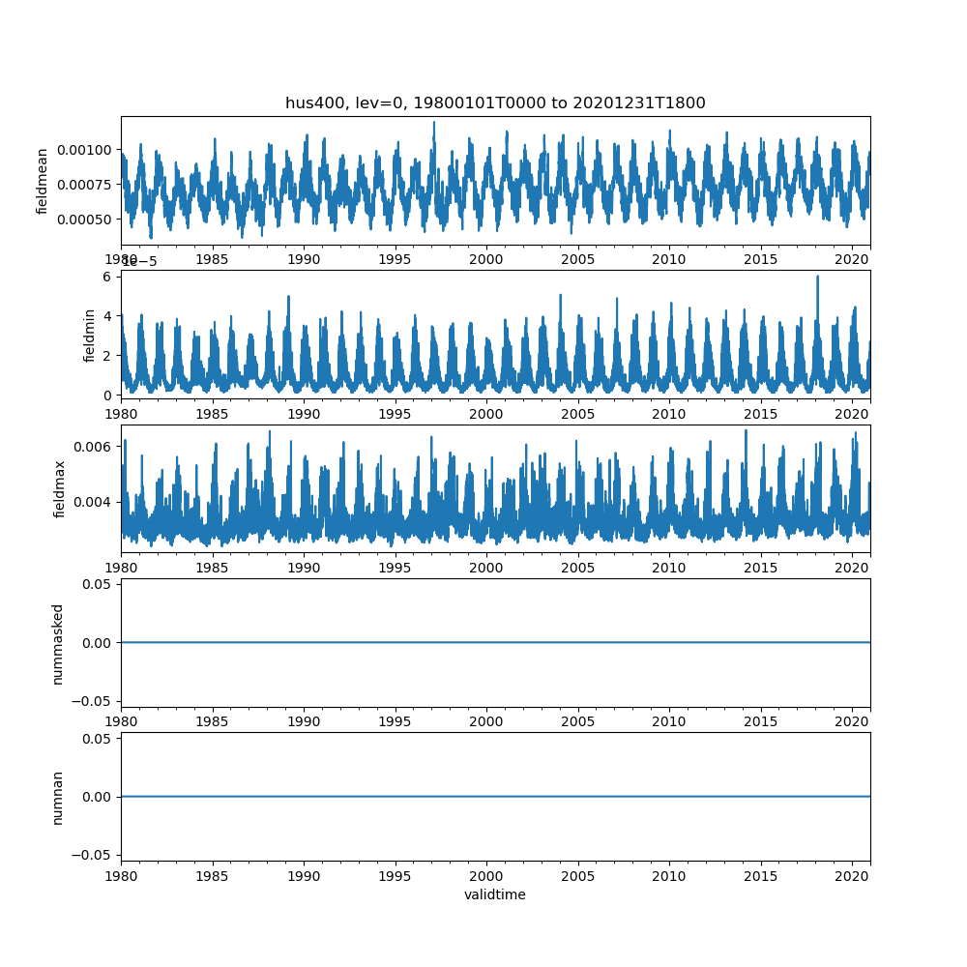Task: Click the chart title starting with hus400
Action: point(495,103)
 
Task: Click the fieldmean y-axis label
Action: point(42,181)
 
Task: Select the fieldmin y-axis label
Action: point(90,335)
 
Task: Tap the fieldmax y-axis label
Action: point(60,488)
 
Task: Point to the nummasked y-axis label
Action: point(57,643)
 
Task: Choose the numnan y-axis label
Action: point(57,797)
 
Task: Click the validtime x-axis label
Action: point(495,895)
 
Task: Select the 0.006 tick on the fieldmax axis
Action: point(95,446)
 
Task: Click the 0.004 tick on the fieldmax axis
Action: point(95,502)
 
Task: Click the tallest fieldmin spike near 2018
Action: point(817,277)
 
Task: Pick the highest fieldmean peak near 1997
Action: point(433,122)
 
